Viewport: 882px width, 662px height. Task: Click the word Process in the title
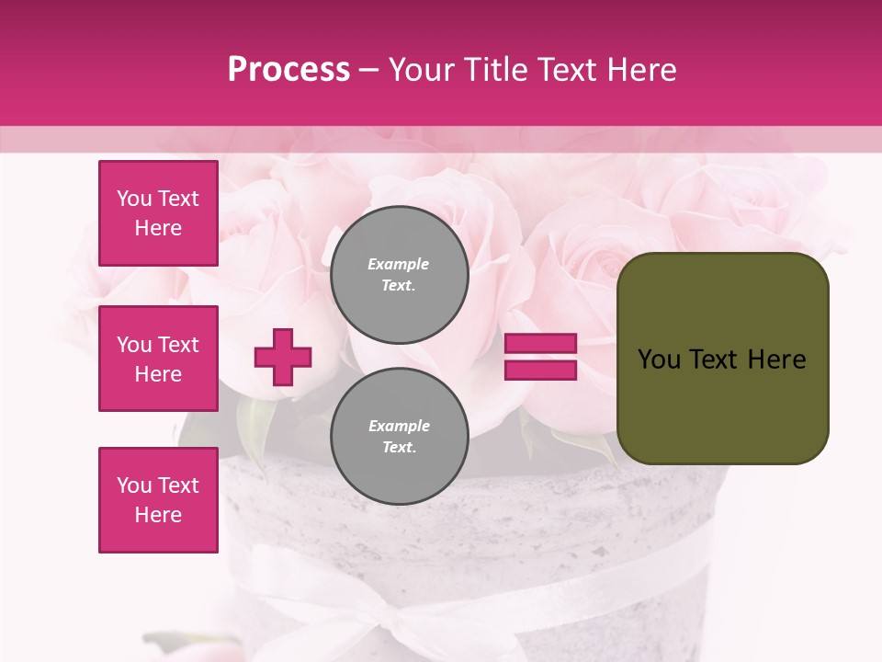click(288, 70)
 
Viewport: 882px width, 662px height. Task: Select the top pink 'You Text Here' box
click(158, 213)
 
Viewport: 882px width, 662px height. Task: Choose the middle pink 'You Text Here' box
click(158, 359)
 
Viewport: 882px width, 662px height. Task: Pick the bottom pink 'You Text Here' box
click(158, 500)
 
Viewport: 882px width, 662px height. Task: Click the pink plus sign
click(283, 357)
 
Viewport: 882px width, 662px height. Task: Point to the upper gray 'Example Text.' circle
click(400, 275)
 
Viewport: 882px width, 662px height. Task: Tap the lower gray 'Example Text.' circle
click(400, 437)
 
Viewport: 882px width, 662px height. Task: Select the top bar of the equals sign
click(541, 344)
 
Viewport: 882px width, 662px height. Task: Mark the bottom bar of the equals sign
click(541, 370)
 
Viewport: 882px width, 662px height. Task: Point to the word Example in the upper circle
click(398, 265)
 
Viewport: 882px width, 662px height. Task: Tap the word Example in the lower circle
click(399, 427)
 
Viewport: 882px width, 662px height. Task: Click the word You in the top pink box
click(133, 199)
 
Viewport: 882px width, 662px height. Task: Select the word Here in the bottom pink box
click(158, 515)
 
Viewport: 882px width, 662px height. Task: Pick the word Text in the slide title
click(565, 70)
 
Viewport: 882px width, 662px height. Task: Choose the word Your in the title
click(421, 70)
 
